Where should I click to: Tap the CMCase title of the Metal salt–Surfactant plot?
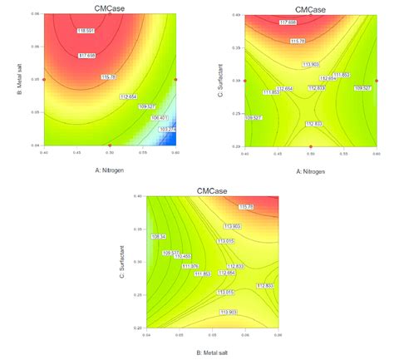212,191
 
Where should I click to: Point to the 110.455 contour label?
180,255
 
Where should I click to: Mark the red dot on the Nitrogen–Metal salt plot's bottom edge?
111,145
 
